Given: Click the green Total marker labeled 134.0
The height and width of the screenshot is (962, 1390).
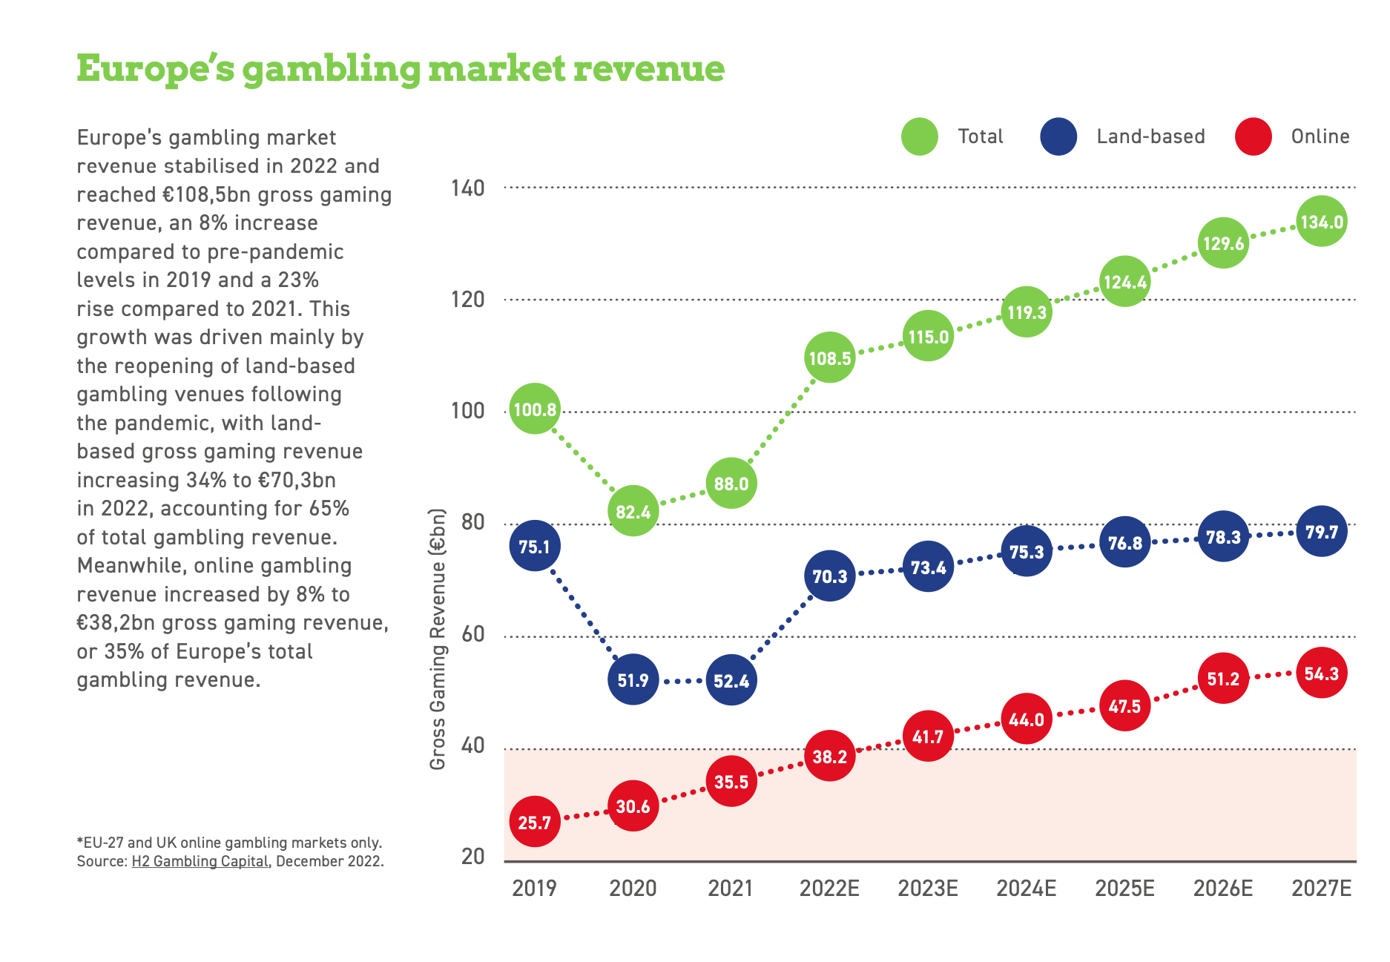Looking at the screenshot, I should click(x=1321, y=222).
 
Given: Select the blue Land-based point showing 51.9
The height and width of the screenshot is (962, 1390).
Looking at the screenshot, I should click(x=633, y=679).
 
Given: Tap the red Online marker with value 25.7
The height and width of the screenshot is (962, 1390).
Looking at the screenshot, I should click(x=534, y=822).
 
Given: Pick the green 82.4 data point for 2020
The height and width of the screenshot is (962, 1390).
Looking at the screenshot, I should click(x=633, y=511).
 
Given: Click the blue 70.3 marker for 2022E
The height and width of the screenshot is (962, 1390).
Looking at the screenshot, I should click(x=829, y=576).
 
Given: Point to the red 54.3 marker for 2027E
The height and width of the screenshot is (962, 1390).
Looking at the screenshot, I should click(x=1321, y=673).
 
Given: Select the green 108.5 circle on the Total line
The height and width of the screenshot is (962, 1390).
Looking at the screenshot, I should click(x=829, y=358).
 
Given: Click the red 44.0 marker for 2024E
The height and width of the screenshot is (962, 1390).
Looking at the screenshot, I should click(x=1026, y=719).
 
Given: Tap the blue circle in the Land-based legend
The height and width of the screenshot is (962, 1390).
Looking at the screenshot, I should click(x=1058, y=136).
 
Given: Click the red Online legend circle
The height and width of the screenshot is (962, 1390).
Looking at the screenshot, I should click(x=1253, y=136).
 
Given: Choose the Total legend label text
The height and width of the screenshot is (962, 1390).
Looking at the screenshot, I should click(x=980, y=136).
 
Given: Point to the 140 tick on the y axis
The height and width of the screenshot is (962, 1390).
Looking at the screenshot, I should click(x=467, y=188).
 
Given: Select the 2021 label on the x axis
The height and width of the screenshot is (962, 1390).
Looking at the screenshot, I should click(x=731, y=888).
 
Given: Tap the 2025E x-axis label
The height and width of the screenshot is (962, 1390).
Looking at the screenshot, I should click(x=1124, y=888).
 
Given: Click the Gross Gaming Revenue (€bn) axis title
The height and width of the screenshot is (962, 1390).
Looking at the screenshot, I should click(x=438, y=639).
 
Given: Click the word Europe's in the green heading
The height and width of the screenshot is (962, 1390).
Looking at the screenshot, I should click(x=155, y=69).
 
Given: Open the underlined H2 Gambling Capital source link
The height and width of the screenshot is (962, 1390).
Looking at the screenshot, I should click(x=200, y=861).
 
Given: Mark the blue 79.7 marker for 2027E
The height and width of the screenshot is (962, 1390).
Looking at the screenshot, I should click(x=1321, y=532).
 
